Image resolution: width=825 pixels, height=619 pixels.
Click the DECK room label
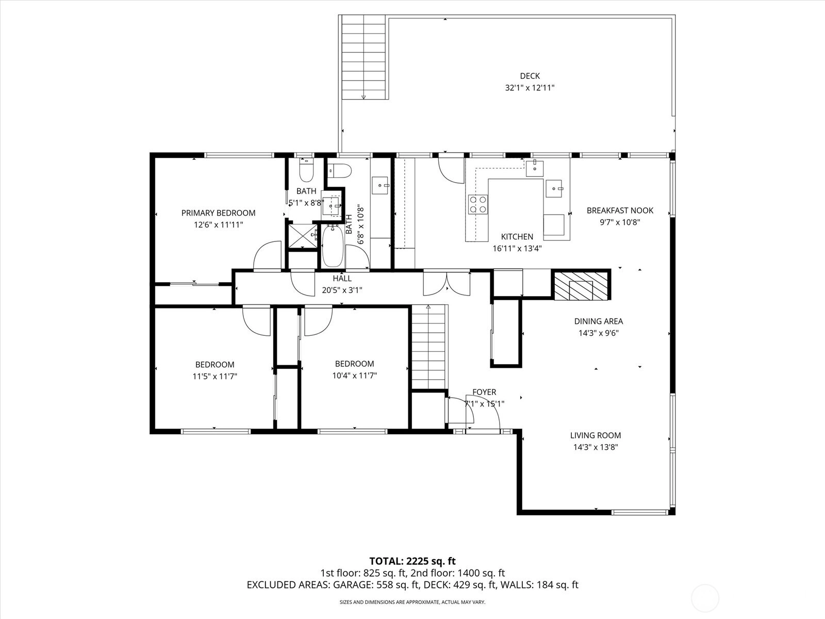(530, 76)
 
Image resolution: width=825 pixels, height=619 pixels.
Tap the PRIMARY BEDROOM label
(219, 213)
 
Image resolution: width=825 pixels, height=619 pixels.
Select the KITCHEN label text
(517, 237)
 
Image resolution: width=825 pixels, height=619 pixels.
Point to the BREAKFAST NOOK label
(620, 210)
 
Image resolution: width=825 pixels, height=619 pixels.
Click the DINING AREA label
(598, 321)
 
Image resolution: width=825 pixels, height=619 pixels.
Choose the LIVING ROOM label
(596, 435)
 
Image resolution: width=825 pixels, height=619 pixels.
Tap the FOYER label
(484, 392)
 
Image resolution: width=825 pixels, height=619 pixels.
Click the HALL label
(342, 279)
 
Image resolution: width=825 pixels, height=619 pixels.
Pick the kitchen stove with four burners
(477, 204)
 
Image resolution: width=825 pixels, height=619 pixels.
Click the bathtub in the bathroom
(333, 246)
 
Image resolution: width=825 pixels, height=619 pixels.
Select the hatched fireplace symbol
(581, 285)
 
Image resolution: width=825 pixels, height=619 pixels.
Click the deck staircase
(364, 57)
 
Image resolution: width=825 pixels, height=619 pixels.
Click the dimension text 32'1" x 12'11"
(530, 88)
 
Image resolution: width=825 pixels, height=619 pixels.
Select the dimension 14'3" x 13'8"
(596, 447)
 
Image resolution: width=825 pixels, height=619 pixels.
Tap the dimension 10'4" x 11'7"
(354, 376)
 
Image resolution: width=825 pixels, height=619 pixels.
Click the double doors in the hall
(447, 283)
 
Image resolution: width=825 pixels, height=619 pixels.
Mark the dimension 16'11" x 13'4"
(517, 249)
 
